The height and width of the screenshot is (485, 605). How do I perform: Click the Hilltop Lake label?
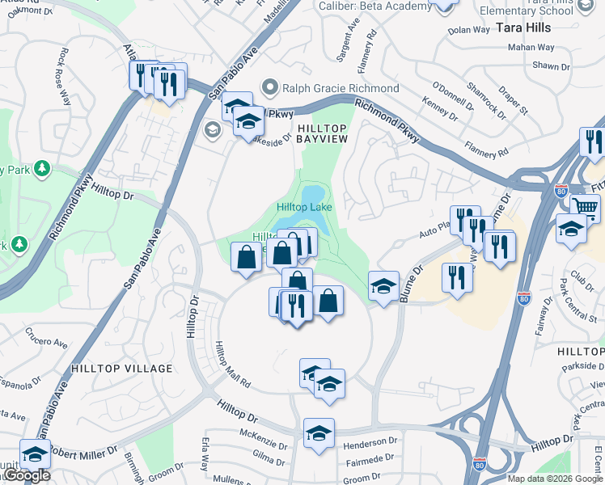[305, 207]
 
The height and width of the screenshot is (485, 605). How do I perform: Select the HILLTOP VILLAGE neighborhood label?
[122, 369]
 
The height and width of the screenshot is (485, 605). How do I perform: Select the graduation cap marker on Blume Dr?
[383, 286]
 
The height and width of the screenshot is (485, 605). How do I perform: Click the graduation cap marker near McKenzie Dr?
[319, 432]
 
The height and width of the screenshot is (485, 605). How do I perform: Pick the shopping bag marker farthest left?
[247, 256]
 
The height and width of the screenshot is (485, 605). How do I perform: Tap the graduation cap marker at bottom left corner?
[35, 455]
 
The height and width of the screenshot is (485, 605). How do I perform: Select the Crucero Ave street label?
[46, 336]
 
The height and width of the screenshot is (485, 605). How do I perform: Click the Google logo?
[26, 475]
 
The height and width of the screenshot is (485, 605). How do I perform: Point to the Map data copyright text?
[555, 479]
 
